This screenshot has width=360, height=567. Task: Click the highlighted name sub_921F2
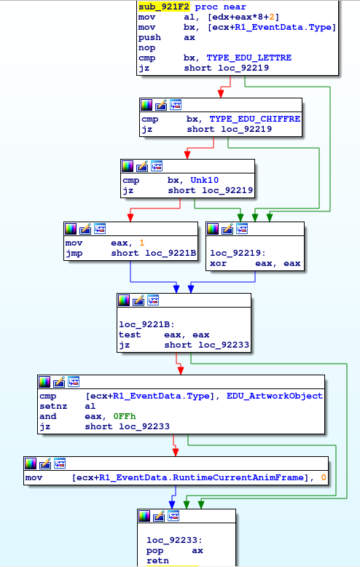[x=164, y=7]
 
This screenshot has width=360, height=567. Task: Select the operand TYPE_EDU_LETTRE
[x=249, y=58]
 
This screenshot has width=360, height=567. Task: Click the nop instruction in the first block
[x=146, y=47]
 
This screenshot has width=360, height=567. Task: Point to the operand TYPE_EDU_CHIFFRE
[x=255, y=119]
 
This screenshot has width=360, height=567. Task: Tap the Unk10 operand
[x=205, y=180]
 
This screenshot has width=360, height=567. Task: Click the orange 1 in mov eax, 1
[x=142, y=243]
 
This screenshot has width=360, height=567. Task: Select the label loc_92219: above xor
[x=238, y=253]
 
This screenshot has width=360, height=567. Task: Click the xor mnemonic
[x=219, y=263]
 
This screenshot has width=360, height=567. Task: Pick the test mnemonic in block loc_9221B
[x=130, y=335]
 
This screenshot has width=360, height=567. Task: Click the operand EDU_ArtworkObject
[x=275, y=396]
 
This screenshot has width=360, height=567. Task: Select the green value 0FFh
[x=125, y=416]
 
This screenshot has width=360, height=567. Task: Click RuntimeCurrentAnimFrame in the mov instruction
[x=238, y=477]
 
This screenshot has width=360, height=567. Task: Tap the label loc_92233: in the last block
[x=175, y=540]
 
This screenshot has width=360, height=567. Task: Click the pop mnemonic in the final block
[x=154, y=551]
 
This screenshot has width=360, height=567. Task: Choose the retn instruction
[x=157, y=560]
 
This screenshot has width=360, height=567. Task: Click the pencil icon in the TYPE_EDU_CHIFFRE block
[x=161, y=105]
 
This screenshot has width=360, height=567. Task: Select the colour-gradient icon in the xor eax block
[x=213, y=229]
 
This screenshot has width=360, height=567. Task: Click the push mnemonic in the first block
[x=149, y=38]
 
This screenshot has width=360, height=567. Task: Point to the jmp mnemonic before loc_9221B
[x=74, y=253]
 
